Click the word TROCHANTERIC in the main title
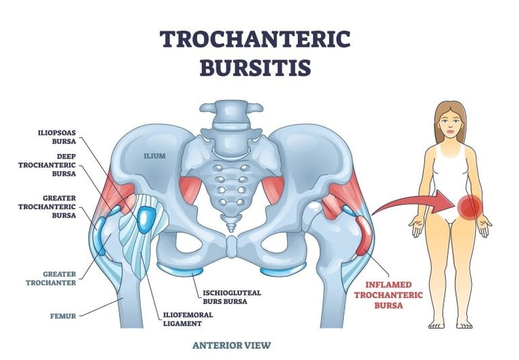[255, 40]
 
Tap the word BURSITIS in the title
[255, 69]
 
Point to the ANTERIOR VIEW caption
[232, 345]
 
